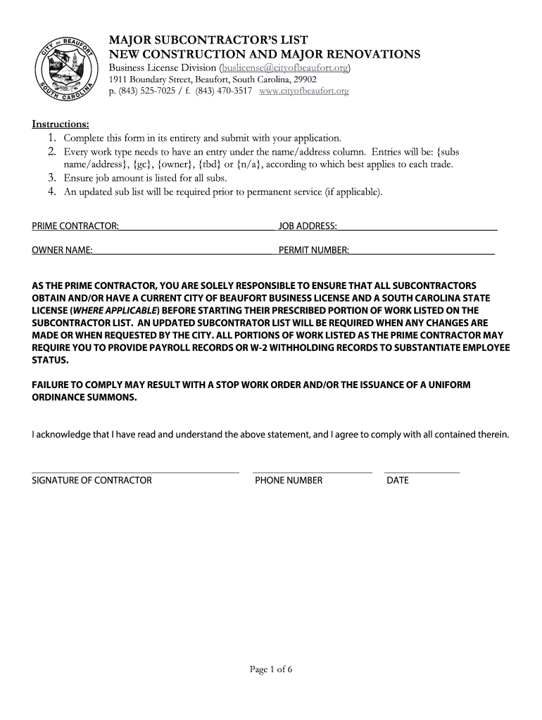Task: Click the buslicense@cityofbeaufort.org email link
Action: [x=285, y=67]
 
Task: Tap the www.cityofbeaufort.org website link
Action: [x=304, y=91]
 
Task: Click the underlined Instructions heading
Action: [x=61, y=124]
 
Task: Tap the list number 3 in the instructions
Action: [x=51, y=178]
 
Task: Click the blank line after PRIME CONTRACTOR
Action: [x=196, y=226]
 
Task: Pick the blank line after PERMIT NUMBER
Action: [x=422, y=250]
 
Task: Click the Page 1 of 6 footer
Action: [x=271, y=669]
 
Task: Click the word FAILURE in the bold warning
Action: [x=52, y=385]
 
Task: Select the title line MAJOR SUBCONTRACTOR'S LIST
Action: [x=208, y=39]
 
